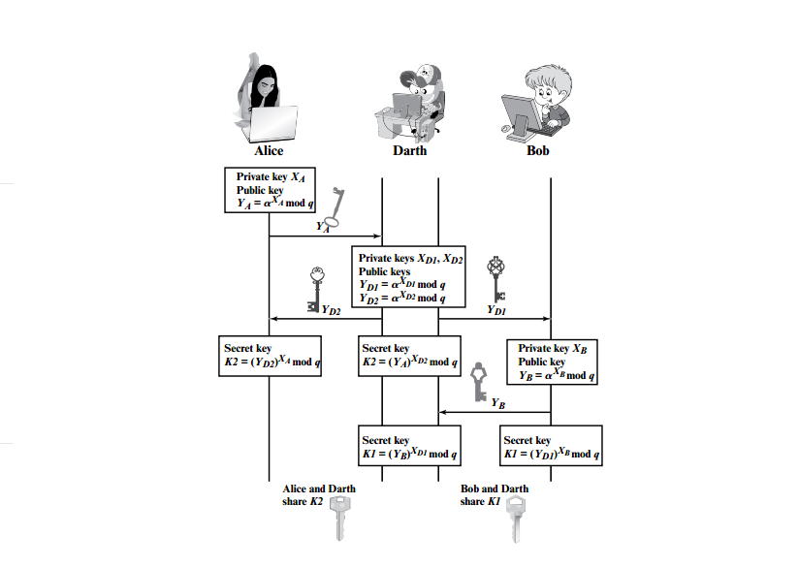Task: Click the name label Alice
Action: click(x=269, y=151)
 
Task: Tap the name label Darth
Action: click(x=409, y=151)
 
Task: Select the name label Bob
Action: click(x=539, y=151)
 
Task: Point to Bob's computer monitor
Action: click(x=522, y=111)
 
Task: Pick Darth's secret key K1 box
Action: click(x=409, y=447)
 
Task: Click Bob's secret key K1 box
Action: click(x=551, y=447)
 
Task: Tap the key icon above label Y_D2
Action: click(x=314, y=288)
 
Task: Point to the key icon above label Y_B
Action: click(x=478, y=382)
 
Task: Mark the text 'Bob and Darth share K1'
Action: click(x=495, y=495)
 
